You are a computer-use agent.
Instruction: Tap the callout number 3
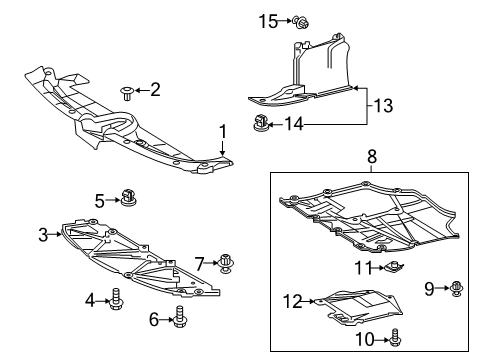click(x=44, y=235)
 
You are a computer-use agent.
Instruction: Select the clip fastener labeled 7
click(x=225, y=264)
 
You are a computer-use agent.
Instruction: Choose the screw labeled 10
click(x=397, y=340)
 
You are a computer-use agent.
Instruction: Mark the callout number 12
click(x=292, y=301)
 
